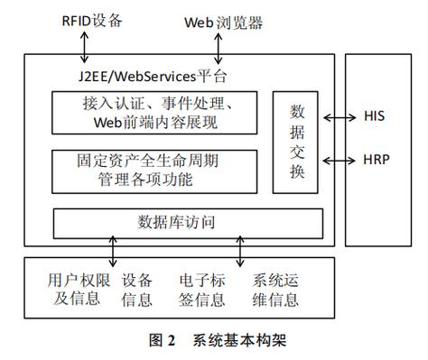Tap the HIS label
375,117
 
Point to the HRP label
375,160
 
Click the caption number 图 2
161,340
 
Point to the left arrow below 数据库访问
113,249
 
